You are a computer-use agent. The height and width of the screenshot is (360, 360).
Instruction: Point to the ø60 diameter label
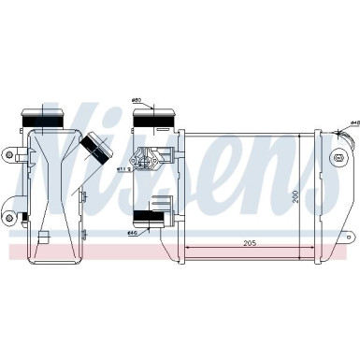click(x=136, y=101)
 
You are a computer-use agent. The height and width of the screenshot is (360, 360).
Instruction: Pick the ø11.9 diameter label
click(x=122, y=170)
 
